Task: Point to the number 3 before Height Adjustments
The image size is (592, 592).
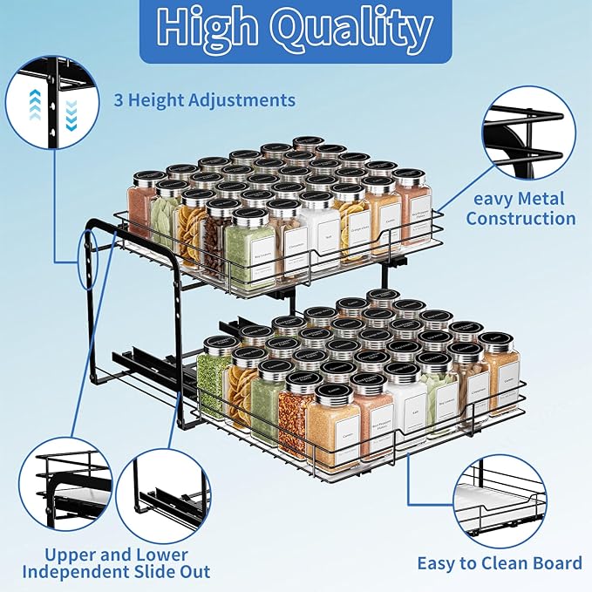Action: tap(119, 100)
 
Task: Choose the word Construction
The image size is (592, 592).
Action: tap(521, 218)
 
